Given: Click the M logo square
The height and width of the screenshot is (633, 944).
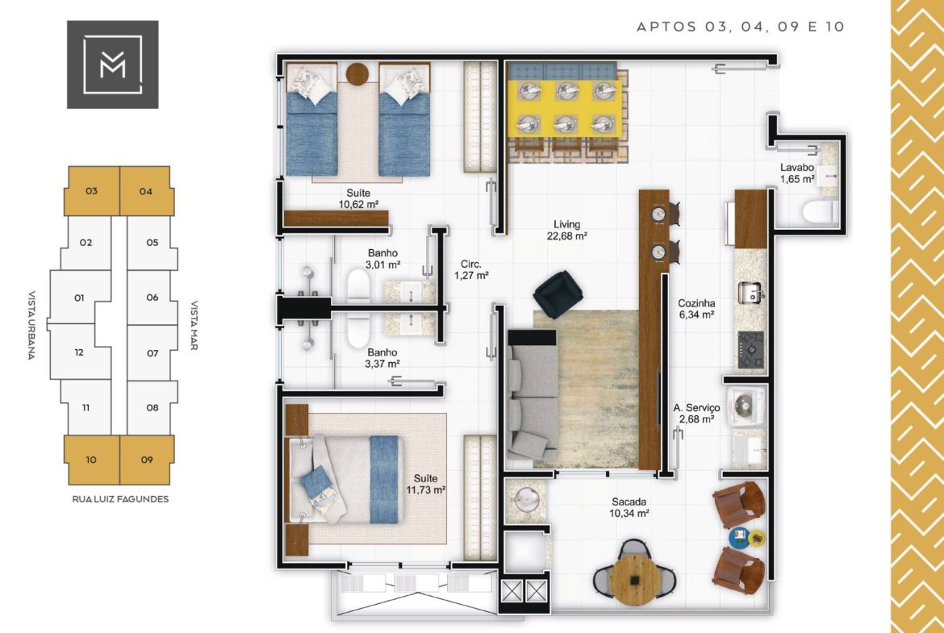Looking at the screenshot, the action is point(113,65).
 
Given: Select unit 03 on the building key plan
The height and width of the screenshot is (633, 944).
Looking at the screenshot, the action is point(92,191).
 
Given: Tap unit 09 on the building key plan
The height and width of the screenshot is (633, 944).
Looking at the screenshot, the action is point(147,460).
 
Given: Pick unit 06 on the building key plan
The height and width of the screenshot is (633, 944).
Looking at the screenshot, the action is point(152,298).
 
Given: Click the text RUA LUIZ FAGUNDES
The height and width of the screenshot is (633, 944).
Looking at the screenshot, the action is point(120,499).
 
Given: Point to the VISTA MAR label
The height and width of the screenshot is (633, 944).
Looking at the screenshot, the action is point(194,325).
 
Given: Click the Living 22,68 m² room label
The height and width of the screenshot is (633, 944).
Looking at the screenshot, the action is point(566,230).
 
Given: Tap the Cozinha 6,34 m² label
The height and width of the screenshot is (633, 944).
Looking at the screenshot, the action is point(696,309).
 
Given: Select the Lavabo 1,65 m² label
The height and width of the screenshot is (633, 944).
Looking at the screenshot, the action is point(797,173).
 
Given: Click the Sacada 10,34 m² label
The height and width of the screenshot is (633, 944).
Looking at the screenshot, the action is point(629,507).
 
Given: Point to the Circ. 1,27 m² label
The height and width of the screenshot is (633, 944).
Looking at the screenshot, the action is point(471,269).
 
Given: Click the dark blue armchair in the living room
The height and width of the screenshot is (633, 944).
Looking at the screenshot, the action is point(558,294).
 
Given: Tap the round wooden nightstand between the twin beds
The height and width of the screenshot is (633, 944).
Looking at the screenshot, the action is point(357,74).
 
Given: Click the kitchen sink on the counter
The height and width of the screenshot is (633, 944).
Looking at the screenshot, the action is point(750,293).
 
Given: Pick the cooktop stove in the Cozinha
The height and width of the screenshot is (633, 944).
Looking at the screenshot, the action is point(750,350).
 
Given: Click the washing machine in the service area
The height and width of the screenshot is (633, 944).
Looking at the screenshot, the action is point(746,407).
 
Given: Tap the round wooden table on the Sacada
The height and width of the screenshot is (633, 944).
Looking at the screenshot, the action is point(634,580).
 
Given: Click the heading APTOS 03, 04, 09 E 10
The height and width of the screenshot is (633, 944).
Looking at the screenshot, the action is point(741,27).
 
